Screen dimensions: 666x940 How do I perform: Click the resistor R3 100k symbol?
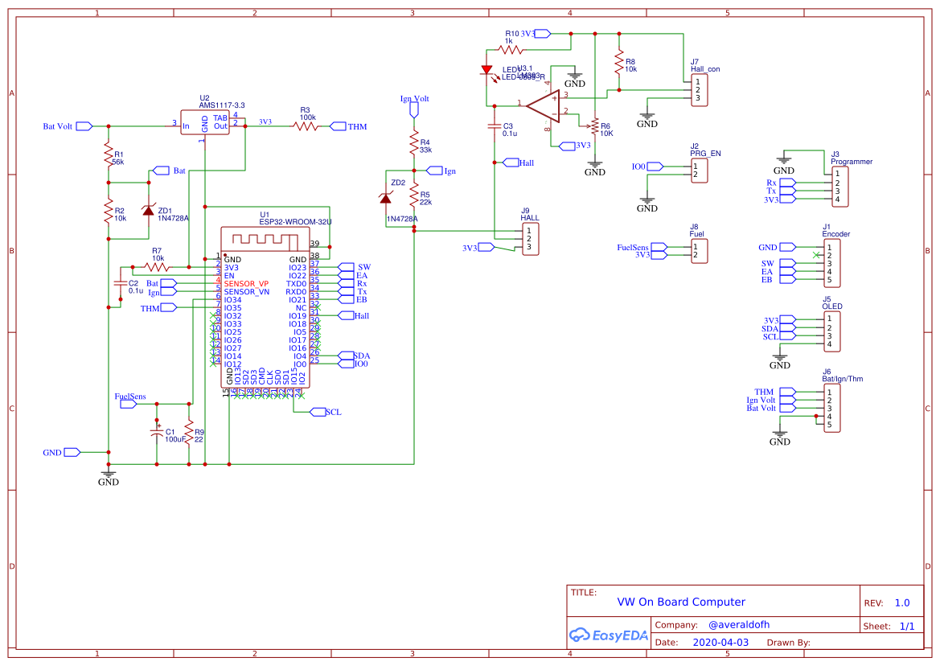click(308, 126)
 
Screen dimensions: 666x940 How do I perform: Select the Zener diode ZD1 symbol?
click(148, 209)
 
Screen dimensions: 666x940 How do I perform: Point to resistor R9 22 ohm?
click(189, 434)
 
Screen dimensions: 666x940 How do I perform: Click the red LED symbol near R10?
click(486, 71)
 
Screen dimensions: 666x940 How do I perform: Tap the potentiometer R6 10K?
click(595, 126)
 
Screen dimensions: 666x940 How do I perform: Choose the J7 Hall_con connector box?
click(700, 90)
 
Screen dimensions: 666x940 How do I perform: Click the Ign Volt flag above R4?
click(414, 108)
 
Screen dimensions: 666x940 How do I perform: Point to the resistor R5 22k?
click(414, 195)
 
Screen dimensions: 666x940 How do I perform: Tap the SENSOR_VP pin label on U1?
click(246, 284)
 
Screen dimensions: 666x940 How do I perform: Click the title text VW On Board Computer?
click(680, 602)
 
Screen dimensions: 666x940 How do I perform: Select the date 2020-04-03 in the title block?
click(720, 643)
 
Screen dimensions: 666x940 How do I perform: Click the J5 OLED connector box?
click(831, 331)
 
